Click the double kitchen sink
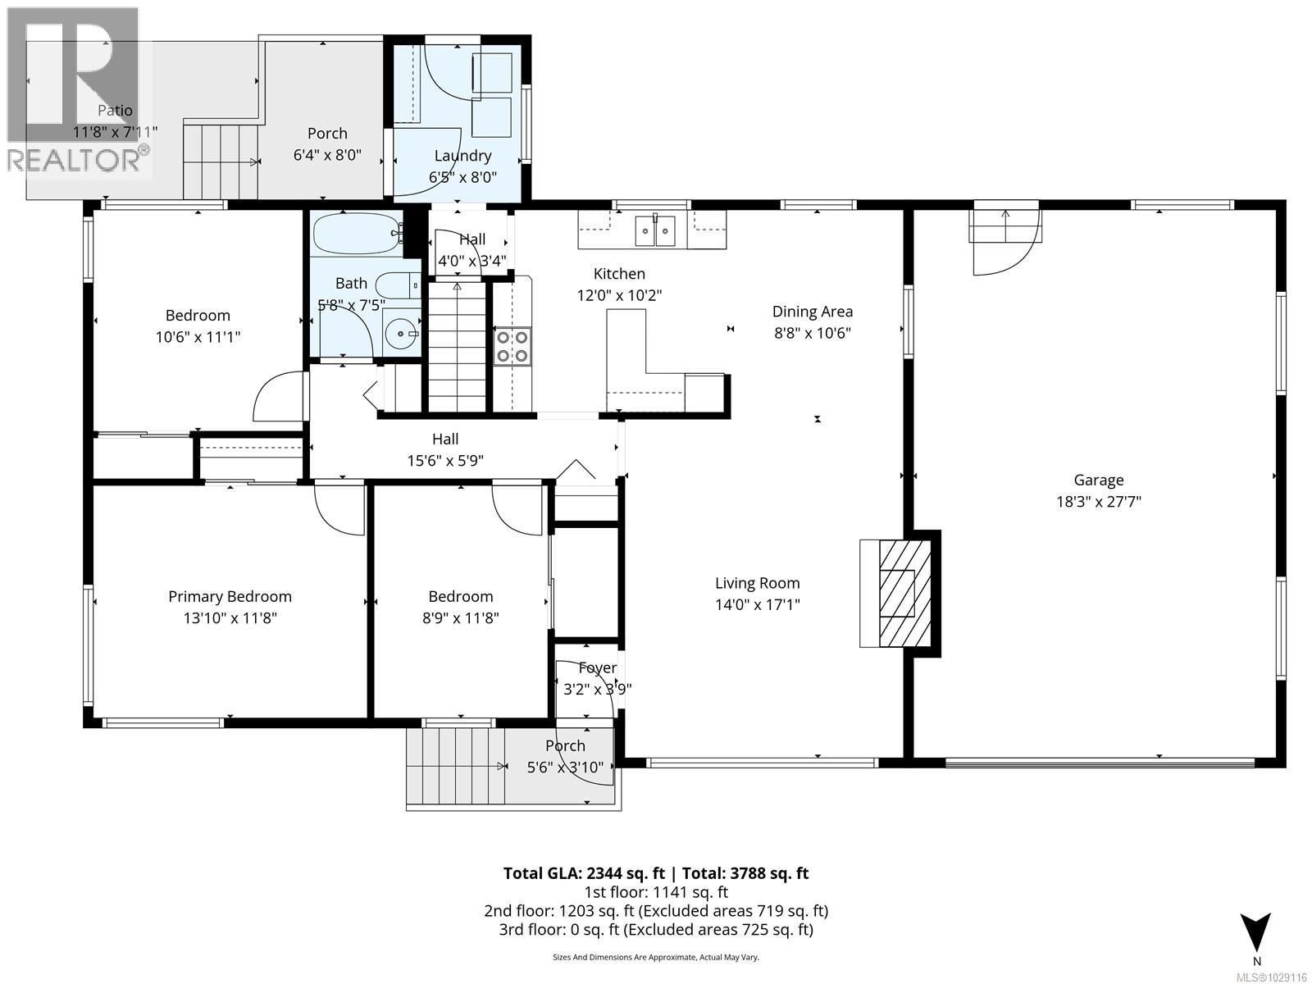tap(657, 230)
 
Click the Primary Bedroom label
tap(230, 597)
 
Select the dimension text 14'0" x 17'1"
tap(757, 605)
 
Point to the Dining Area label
tap(812, 312)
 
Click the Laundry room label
tap(462, 156)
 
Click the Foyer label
tap(597, 668)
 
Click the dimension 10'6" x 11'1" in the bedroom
tap(198, 337)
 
